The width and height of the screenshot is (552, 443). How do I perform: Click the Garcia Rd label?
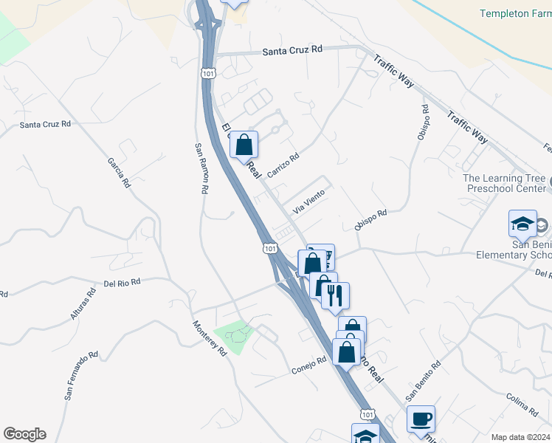pyautogui.click(x=118, y=172)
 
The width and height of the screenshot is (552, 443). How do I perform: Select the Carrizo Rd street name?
pyautogui.click(x=283, y=165)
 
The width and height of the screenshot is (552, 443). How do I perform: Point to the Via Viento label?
pyautogui.click(x=308, y=201)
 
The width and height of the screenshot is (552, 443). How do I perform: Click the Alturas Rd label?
pyautogui.click(x=83, y=303)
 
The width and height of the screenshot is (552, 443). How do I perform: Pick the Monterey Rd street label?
pyautogui.click(x=210, y=337)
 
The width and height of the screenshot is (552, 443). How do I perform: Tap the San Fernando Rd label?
pyautogui.click(x=80, y=376)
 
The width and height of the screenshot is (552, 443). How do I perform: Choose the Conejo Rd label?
pyautogui.click(x=308, y=364)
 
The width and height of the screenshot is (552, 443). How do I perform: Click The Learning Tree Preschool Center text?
pyautogui.click(x=506, y=183)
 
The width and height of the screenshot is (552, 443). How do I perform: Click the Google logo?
pyautogui.click(x=24, y=434)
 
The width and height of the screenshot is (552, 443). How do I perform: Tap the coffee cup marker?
pyautogui.click(x=421, y=419)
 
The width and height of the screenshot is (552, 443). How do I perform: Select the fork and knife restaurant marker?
pyautogui.click(x=335, y=296)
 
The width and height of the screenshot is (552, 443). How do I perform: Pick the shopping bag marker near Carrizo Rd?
pyautogui.click(x=244, y=145)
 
